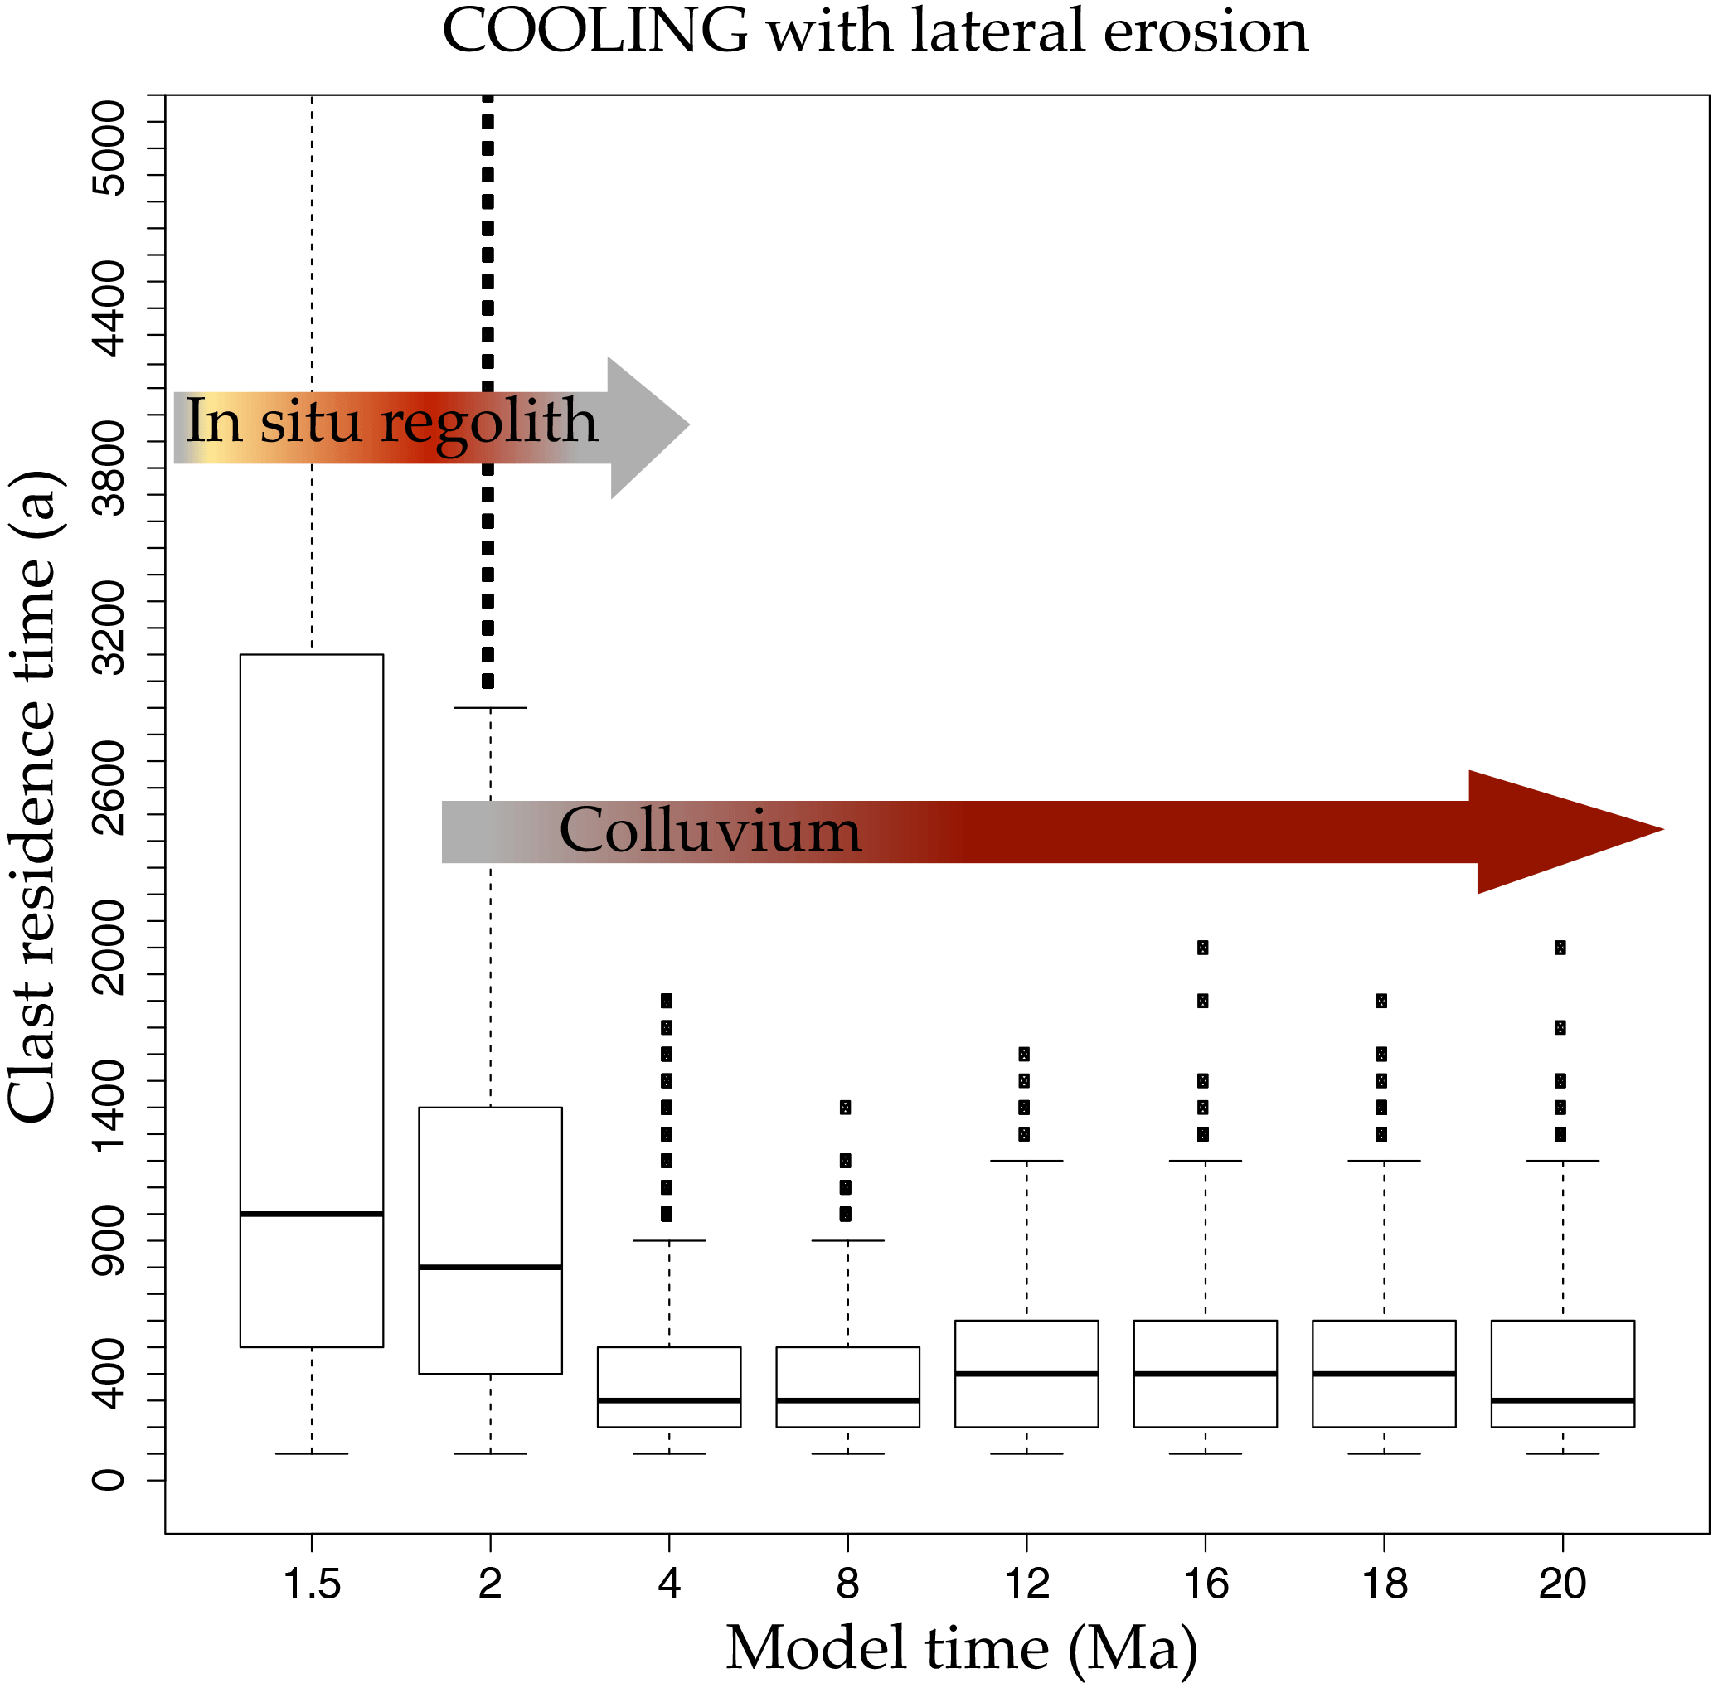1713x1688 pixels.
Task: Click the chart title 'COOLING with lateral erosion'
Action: pyautogui.click(x=874, y=32)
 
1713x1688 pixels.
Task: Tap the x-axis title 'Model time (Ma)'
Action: pyautogui.click(x=962, y=1647)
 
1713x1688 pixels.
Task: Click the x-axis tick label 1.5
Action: pyautogui.click(x=311, y=1584)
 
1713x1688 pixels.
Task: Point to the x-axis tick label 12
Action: pyautogui.click(x=1026, y=1584)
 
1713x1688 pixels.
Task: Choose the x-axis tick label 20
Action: pyautogui.click(x=1562, y=1584)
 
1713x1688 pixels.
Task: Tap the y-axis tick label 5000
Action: pyautogui.click(x=110, y=148)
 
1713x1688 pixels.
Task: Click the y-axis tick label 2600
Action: pyautogui.click(x=110, y=788)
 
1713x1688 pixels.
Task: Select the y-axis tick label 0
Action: pyautogui.click(x=110, y=1480)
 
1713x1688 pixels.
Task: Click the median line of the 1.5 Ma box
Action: pyautogui.click(x=311, y=1214)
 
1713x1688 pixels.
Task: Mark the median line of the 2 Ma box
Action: pyautogui.click(x=490, y=1267)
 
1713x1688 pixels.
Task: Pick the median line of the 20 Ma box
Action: pyautogui.click(x=1562, y=1399)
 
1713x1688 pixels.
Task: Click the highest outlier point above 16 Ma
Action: pyautogui.click(x=1202, y=948)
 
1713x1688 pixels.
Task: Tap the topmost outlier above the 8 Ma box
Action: pyautogui.click(x=846, y=1108)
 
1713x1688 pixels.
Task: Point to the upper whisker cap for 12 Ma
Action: pyautogui.click(x=1026, y=1161)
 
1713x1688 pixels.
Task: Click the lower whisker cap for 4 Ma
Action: pyautogui.click(x=669, y=1454)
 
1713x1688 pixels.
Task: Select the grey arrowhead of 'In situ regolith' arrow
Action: pyautogui.click(x=645, y=426)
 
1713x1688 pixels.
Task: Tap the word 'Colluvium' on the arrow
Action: pyautogui.click(x=709, y=832)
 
